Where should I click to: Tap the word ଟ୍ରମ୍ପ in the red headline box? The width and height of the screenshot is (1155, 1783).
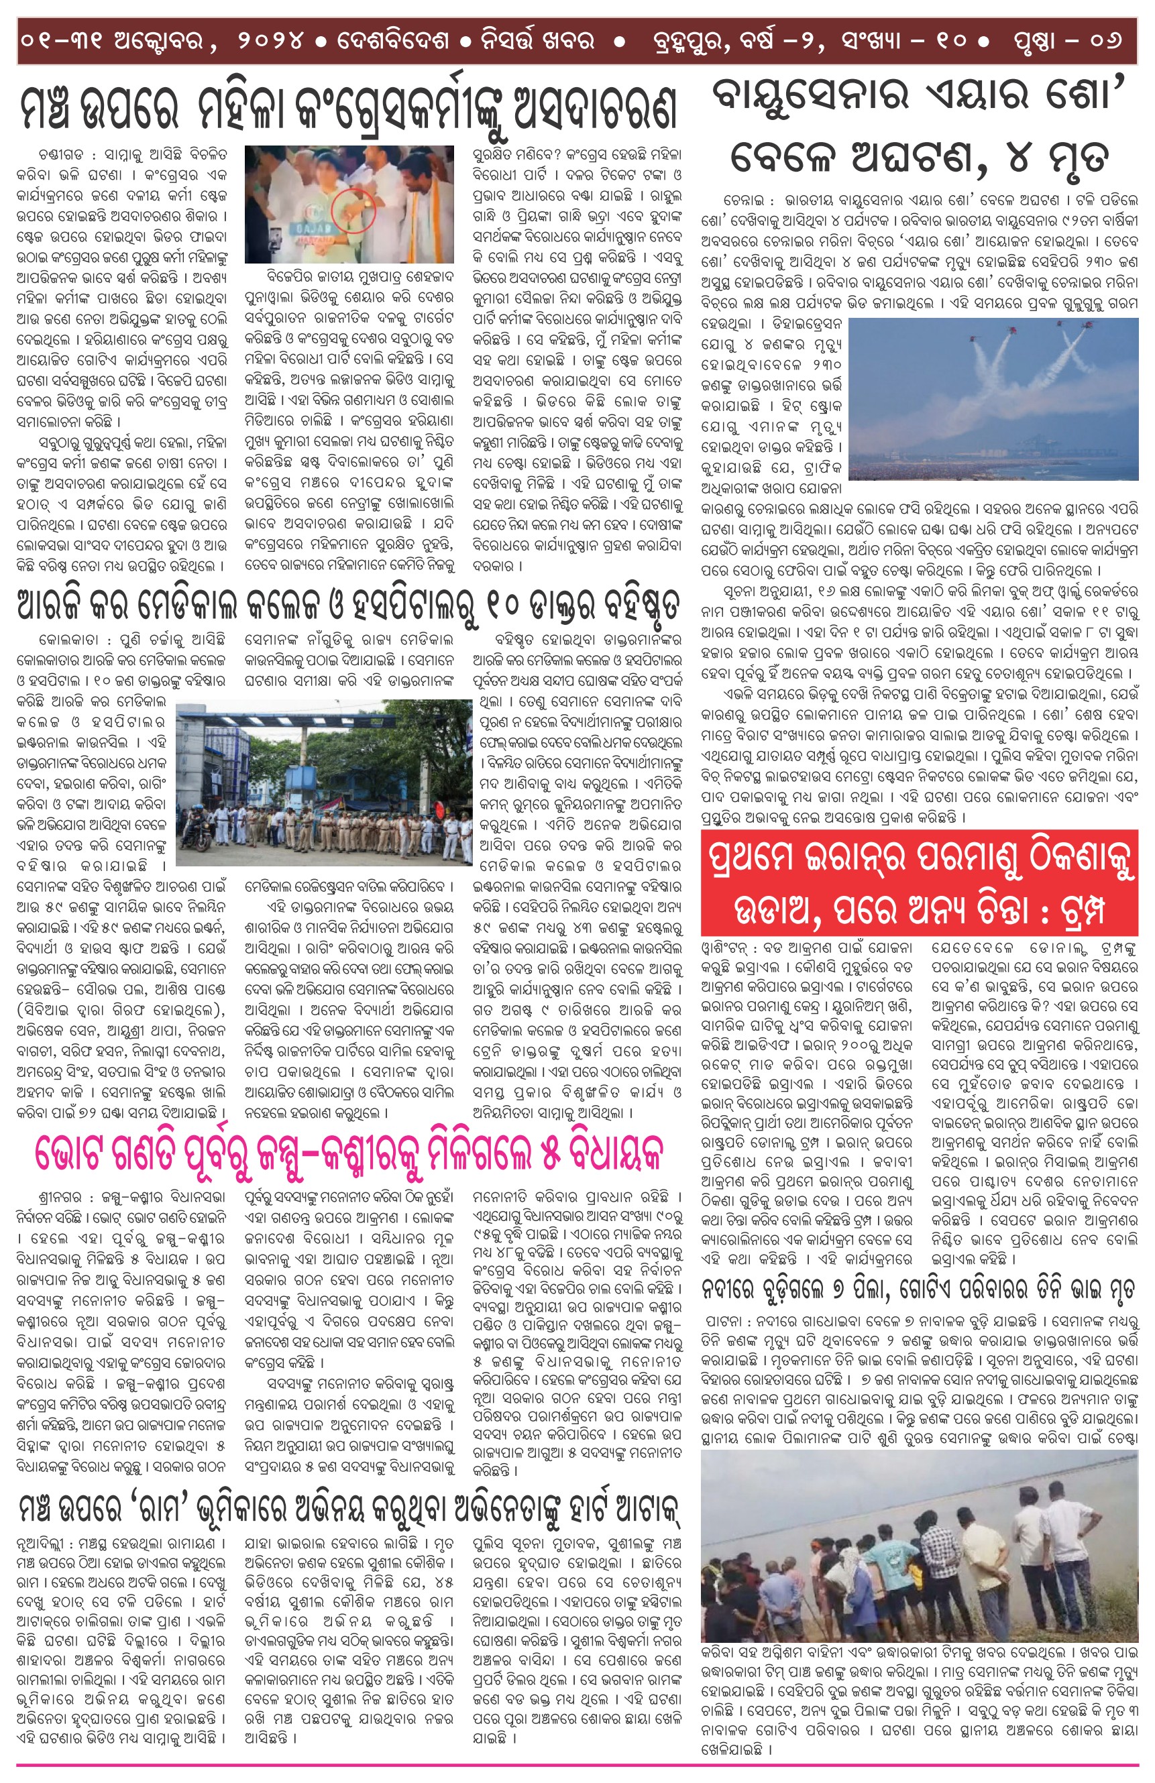pos(1099,909)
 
